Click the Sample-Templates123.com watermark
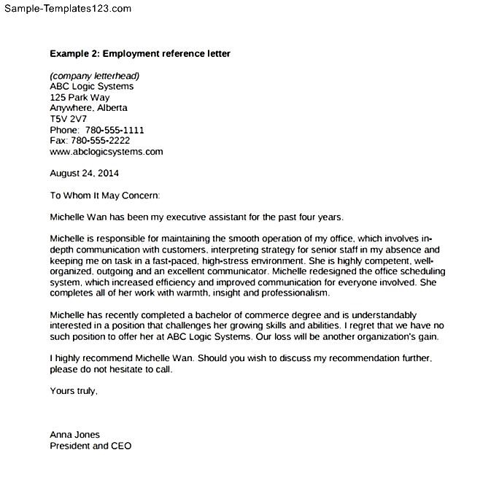point(66,9)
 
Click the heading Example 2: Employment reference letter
point(140,54)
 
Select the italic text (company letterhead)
point(94,76)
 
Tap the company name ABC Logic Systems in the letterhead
point(92,87)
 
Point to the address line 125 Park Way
point(80,98)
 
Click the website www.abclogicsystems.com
point(107,152)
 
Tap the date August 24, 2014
point(84,174)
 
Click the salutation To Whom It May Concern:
point(104,196)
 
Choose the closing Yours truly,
point(73,391)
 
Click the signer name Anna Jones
point(74,435)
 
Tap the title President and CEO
point(90,446)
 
